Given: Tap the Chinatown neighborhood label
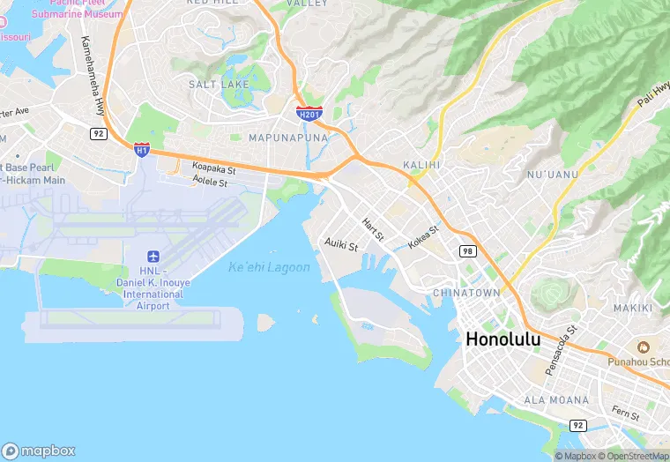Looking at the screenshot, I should tap(466, 292).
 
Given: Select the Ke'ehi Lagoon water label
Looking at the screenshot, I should tap(269, 267).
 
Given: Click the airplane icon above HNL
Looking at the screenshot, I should tap(153, 256).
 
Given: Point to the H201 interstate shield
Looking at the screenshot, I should tap(309, 113).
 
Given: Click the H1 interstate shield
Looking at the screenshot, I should tap(141, 150).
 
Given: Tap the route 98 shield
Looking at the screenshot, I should tap(466, 251).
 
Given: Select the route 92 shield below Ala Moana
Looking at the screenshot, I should tap(578, 424).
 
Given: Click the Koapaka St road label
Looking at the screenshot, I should tap(214, 168).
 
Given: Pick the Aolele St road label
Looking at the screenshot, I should tap(210, 183).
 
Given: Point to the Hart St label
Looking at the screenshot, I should tap(374, 231).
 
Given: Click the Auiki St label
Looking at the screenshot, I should tap(341, 244).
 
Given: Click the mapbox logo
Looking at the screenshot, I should tap(39, 451).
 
